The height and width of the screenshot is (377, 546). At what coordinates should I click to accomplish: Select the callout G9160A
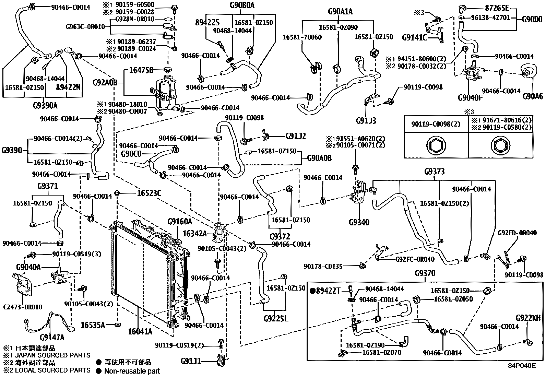click(180, 222)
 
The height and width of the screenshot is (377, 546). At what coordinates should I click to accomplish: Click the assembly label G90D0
click(532, 20)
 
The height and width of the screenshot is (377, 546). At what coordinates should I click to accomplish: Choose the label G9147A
click(52, 337)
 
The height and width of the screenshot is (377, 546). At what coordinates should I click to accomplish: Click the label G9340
click(359, 222)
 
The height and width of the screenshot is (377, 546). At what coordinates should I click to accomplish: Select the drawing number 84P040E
click(522, 365)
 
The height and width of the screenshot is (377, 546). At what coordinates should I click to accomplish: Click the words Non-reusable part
click(132, 371)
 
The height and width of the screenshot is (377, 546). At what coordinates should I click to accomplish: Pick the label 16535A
click(93, 325)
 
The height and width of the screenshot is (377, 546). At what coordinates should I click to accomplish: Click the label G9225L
click(276, 319)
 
